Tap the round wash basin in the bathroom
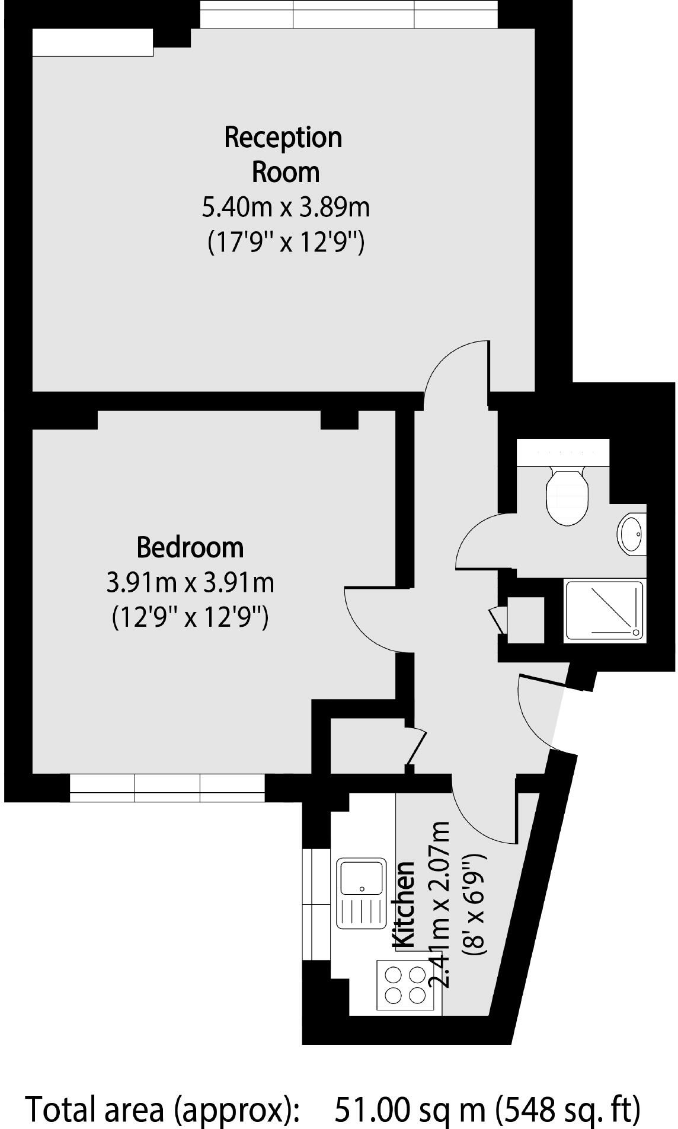(x=632, y=533)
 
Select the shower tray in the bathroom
(x=603, y=610)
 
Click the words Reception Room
(x=284, y=154)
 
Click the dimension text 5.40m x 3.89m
(x=286, y=208)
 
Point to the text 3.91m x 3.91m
(x=190, y=583)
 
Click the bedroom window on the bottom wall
(x=167, y=788)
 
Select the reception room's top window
(x=348, y=14)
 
